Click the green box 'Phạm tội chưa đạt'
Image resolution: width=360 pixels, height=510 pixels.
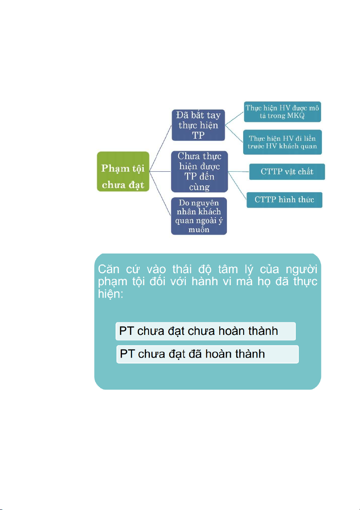click(123, 171)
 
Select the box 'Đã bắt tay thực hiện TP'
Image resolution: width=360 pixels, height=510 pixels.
click(198, 125)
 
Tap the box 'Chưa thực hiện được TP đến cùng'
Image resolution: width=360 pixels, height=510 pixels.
click(199, 171)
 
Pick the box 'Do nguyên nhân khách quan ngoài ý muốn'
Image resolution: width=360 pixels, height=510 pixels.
click(199, 216)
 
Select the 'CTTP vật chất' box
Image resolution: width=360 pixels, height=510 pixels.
click(287, 172)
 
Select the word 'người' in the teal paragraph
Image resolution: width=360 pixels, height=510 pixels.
click(303, 271)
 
